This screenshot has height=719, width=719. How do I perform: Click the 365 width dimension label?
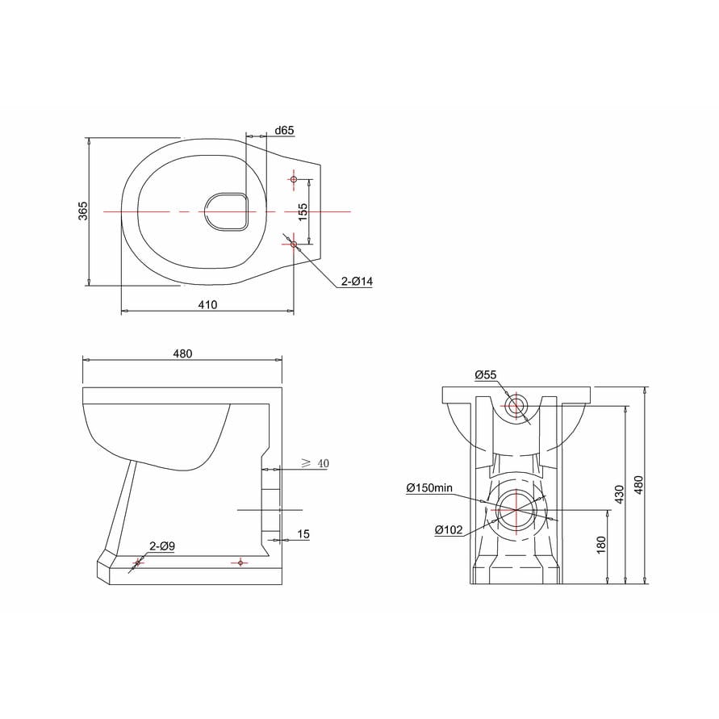click(83, 211)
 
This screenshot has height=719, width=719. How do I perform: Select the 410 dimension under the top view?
click(207, 304)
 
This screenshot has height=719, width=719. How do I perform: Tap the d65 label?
click(284, 130)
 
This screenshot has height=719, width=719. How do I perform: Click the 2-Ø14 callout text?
click(356, 281)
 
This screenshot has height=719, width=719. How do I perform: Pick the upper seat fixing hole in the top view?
click(293, 179)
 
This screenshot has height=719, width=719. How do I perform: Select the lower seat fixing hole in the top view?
click(293, 244)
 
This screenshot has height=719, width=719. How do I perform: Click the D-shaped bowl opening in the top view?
click(226, 211)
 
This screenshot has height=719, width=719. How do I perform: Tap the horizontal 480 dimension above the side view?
click(182, 353)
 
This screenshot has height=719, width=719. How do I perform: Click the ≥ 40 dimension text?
click(314, 462)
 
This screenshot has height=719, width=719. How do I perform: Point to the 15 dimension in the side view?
click(303, 533)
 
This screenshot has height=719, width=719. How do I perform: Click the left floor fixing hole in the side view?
click(136, 562)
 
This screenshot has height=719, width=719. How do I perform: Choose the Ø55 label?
click(486, 374)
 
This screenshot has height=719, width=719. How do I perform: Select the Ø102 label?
click(448, 530)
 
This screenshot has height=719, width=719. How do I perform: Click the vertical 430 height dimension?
click(620, 492)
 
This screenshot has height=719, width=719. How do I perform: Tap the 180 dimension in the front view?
click(600, 545)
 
